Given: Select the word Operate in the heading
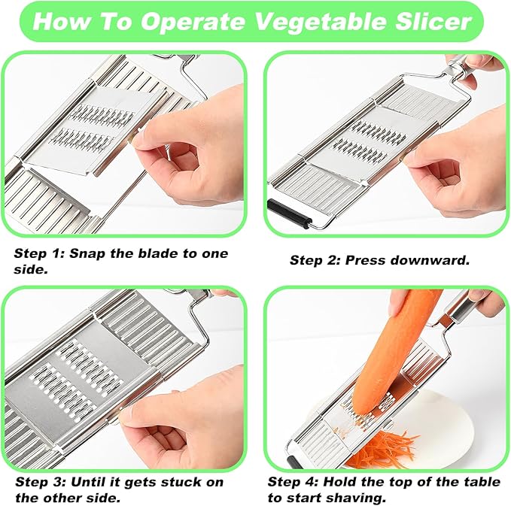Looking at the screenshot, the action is pyautogui.click(x=193, y=22).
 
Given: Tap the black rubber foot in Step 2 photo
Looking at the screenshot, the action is pyautogui.click(x=288, y=214).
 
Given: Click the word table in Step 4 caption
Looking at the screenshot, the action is pyautogui.click(x=482, y=482).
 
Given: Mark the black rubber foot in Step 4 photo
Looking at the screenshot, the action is pyautogui.click(x=293, y=462).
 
